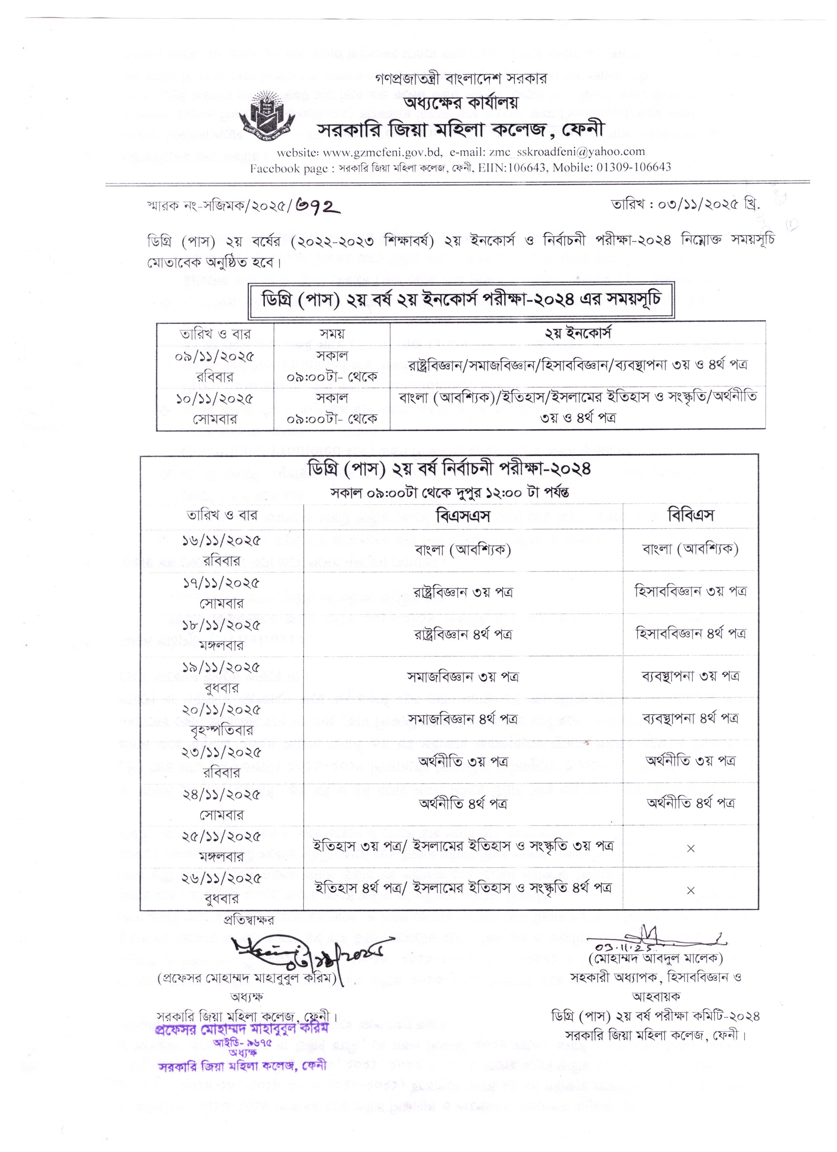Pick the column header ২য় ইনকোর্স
pos(577,333)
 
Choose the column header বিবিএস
pos(690,516)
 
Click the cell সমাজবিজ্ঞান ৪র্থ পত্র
pos(463,719)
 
